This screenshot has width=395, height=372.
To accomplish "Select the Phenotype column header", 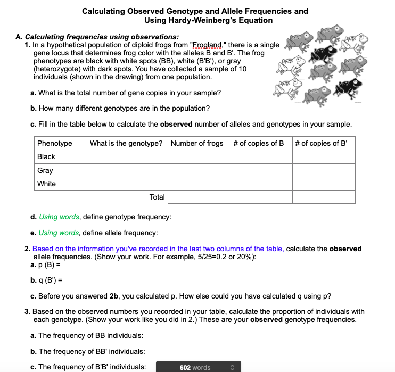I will pyautogui.click(x=54, y=143).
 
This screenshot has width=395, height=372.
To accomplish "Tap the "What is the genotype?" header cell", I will pyautogui.click(x=126, y=143).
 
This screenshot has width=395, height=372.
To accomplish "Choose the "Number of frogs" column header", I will pyautogui.click(x=197, y=143).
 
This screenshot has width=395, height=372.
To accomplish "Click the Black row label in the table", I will pyautogui.click(x=46, y=157).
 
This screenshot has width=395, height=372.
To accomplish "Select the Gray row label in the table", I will pyautogui.click(x=45, y=170).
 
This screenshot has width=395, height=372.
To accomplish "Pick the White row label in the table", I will pyautogui.click(x=46, y=184).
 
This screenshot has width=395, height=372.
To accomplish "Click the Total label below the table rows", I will pyautogui.click(x=157, y=197).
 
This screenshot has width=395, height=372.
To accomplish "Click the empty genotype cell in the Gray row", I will pyautogui.click(x=127, y=170).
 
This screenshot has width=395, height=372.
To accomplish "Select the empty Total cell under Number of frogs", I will pyautogui.click(x=199, y=197).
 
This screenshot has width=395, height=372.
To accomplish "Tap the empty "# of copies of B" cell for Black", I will pyautogui.click(x=261, y=157).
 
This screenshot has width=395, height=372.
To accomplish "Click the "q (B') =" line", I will pyautogui.click(x=48, y=280).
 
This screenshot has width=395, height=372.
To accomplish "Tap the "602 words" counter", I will pyautogui.click(x=195, y=367).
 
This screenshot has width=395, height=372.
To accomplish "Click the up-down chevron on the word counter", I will pyautogui.click(x=232, y=367).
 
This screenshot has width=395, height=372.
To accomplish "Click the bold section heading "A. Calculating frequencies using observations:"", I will pyautogui.click(x=97, y=37).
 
